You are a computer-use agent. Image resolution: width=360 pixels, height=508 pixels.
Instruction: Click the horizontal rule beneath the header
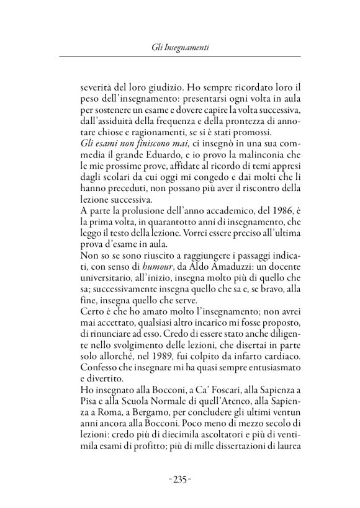(179, 58)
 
